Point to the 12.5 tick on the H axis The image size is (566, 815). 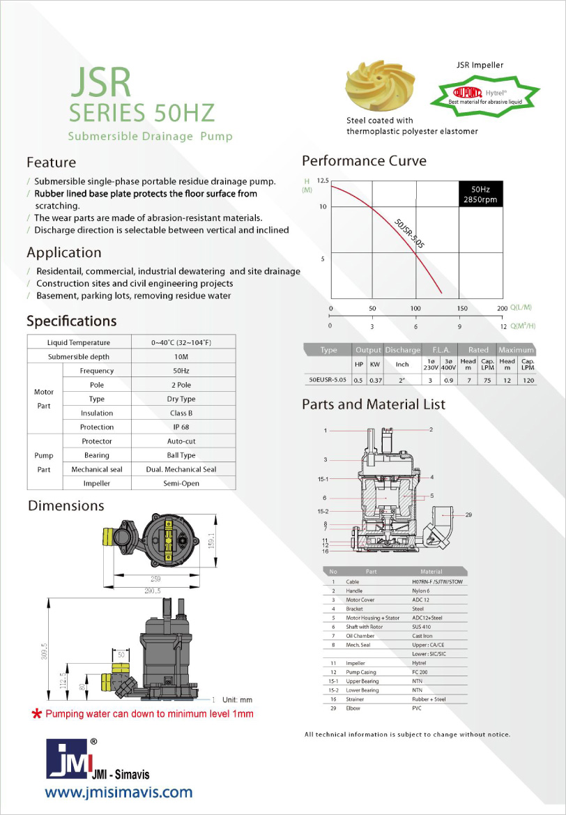click(322, 181)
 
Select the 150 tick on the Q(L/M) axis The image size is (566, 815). click(461, 308)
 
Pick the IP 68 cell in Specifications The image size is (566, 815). click(184, 427)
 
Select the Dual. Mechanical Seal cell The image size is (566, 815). click(184, 469)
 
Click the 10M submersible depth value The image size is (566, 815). click(184, 357)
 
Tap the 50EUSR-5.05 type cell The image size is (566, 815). click(328, 380)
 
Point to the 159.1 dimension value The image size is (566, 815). click(212, 541)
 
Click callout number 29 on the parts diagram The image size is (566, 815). click(468, 515)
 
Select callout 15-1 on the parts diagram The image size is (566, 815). click(323, 479)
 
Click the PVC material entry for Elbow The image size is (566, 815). click(418, 708)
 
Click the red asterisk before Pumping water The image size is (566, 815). click(36, 715)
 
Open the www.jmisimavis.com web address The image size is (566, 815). click(118, 792)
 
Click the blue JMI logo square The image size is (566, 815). click(67, 759)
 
